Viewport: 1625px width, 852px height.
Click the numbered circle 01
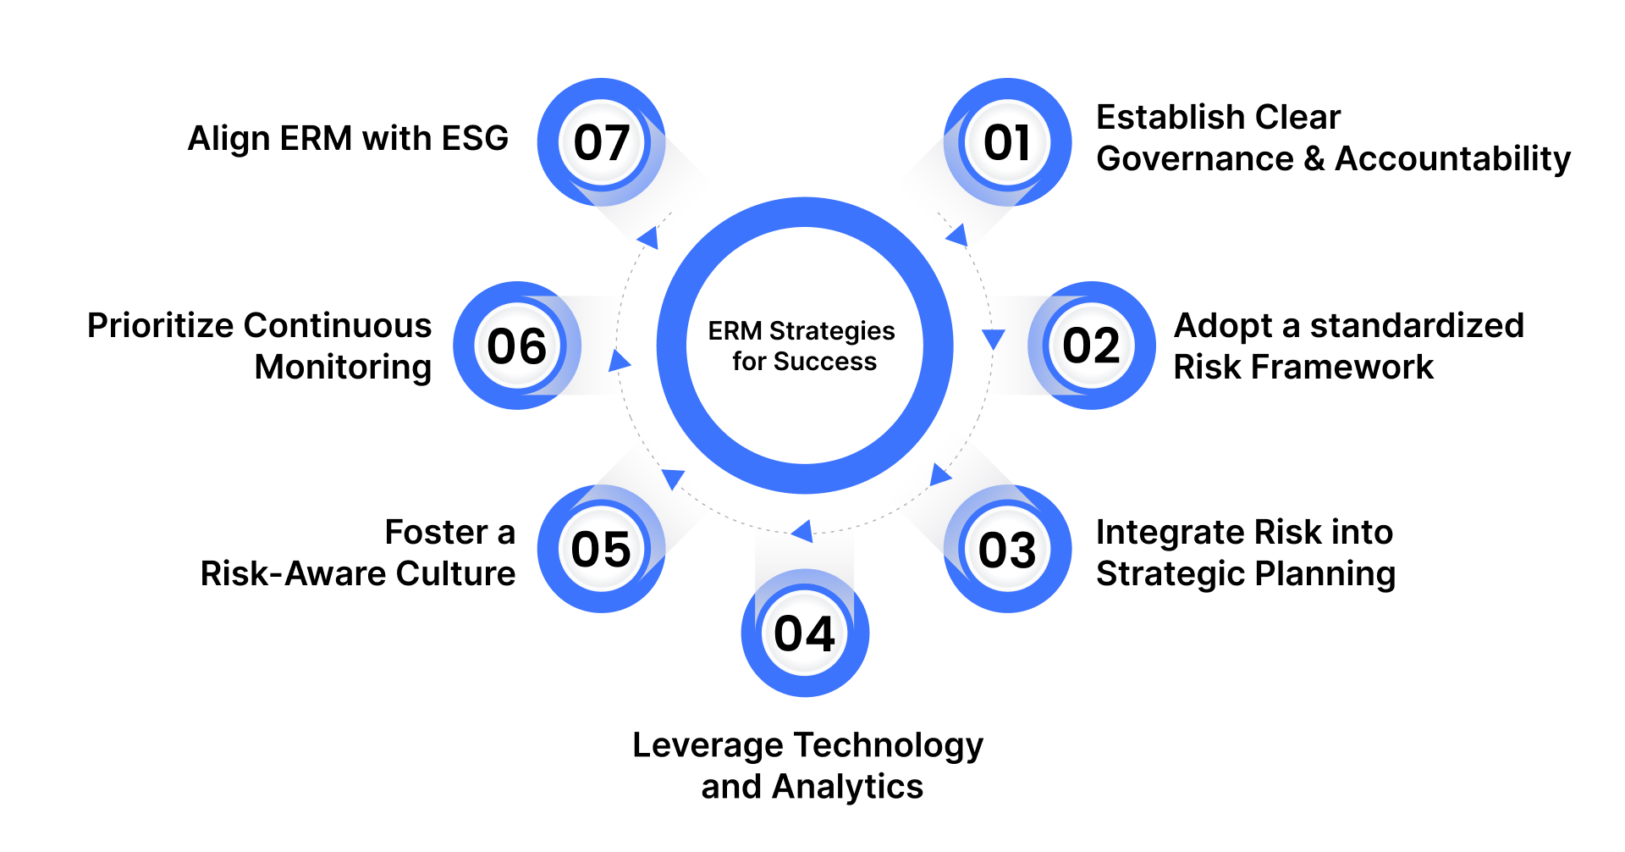coord(1007,142)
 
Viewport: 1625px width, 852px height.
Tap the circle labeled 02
coord(1092,346)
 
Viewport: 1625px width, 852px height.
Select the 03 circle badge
coord(1007,549)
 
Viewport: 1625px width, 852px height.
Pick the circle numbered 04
coord(805,633)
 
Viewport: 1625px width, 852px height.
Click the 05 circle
coord(601,549)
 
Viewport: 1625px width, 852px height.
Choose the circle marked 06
coord(517,346)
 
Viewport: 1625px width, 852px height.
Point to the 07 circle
coord(601,142)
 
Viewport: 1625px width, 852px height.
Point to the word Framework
coord(1342,367)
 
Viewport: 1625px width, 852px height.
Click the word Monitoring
coord(343,367)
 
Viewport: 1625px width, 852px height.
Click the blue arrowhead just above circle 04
coord(802,531)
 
